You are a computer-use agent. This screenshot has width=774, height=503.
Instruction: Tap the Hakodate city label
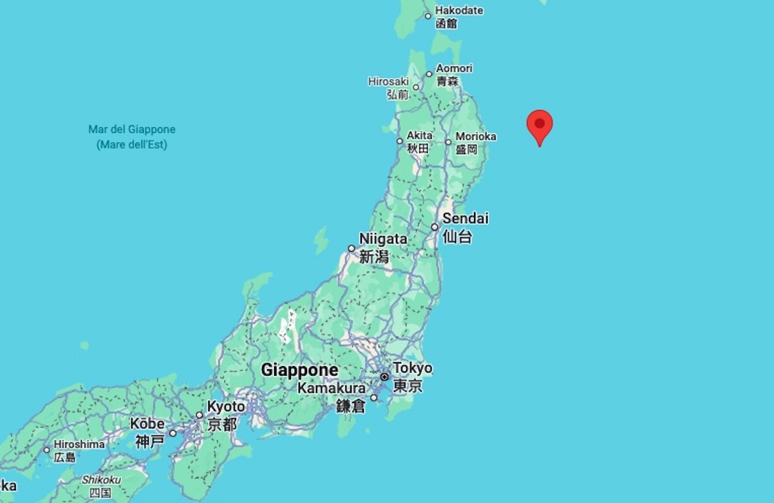pyautogui.click(x=459, y=11)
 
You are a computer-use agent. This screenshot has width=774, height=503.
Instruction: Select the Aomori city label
pyautogui.click(x=454, y=68)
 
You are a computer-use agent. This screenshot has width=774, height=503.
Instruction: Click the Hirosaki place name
pyautogui.click(x=388, y=81)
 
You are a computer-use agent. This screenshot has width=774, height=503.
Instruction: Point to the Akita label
pyautogui.click(x=419, y=136)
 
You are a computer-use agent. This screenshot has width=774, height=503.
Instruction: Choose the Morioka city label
pyautogui.click(x=475, y=137)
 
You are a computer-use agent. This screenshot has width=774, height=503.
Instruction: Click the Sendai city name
pyautogui.click(x=465, y=218)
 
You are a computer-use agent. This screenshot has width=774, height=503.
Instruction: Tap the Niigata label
pyautogui.click(x=383, y=239)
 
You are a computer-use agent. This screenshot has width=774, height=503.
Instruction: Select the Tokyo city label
pyautogui.click(x=412, y=368)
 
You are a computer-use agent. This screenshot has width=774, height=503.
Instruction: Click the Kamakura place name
pyautogui.click(x=332, y=389)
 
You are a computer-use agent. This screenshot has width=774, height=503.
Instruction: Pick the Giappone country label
pyautogui.click(x=299, y=370)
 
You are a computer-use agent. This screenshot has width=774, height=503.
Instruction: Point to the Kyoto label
pyautogui.click(x=226, y=407)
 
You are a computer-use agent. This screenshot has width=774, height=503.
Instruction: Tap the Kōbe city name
pyautogui.click(x=147, y=424)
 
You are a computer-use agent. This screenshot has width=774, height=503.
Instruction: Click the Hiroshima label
pyautogui.click(x=79, y=444)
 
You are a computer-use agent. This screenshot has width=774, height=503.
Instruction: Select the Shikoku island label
pyautogui.click(x=101, y=480)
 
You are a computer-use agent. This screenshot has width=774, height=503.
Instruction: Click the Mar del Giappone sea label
pyautogui.click(x=132, y=130)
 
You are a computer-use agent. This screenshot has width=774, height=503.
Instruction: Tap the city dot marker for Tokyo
pyautogui.click(x=385, y=376)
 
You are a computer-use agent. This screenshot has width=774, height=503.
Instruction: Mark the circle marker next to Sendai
pyautogui.click(x=435, y=227)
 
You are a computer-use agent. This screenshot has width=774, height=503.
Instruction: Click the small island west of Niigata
pyautogui.click(x=321, y=240)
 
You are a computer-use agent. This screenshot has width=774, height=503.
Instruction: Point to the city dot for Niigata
pyautogui.click(x=352, y=248)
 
